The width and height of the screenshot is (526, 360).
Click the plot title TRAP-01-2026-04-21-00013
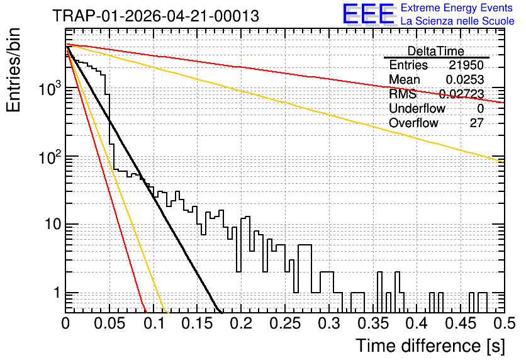pos(155,16)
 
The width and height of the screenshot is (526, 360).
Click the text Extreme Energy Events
pos(457,8)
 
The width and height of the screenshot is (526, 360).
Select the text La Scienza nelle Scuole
pos(457,21)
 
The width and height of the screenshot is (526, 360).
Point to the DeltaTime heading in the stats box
pos(436,51)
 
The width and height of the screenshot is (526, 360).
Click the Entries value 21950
pos(466,65)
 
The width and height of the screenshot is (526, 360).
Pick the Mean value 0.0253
pos(464,79)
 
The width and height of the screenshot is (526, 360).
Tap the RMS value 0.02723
pos(462,94)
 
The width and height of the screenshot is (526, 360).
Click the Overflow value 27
pos(477,123)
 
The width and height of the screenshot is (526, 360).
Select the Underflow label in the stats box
pos(417,108)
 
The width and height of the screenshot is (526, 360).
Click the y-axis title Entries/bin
pos(13,70)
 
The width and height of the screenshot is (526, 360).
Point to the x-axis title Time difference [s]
pos(430,346)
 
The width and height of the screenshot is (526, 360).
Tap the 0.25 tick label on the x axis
pos(286,323)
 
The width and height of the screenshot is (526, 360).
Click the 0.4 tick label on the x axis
pos(417,323)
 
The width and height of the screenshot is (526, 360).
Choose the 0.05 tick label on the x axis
pos(109,323)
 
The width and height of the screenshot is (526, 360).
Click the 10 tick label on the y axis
pos(53,225)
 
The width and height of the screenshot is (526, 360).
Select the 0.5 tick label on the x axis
pos(504,323)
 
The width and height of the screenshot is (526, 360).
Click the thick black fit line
pos(143,179)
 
